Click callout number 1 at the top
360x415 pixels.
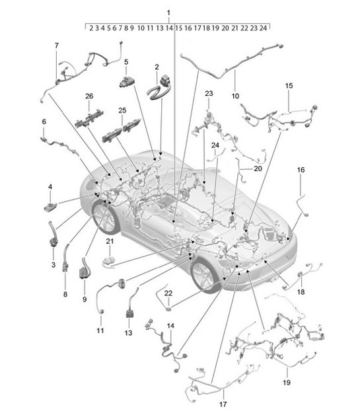click(168, 13)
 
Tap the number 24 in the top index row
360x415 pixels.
click(263, 28)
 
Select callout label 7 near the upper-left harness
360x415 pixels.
click(56, 45)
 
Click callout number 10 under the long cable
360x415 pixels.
click(235, 95)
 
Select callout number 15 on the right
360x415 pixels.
click(288, 87)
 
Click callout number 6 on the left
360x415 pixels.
click(44, 122)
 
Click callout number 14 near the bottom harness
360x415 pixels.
click(170, 326)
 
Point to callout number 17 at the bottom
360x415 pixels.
click(223, 404)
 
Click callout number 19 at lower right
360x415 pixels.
click(286, 382)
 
